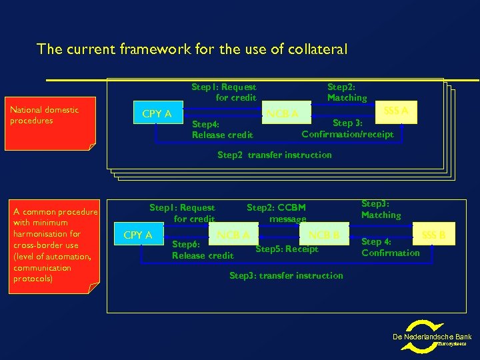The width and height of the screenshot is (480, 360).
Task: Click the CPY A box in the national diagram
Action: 157,114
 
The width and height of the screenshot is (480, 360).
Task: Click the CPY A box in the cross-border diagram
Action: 139,235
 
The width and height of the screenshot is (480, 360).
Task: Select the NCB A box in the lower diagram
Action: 234,235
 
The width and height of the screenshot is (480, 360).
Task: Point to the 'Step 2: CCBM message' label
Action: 276,213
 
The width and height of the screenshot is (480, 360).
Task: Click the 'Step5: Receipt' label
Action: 287,249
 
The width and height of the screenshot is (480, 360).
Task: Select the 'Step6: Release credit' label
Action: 203,250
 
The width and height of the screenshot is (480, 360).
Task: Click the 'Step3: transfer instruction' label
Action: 286,275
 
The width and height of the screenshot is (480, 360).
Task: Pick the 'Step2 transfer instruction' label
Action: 275,155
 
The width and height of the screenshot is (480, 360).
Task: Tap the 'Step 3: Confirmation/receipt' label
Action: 347,129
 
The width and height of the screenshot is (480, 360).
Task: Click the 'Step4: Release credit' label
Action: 222,129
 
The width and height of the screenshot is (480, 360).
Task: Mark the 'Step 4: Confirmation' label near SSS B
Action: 390,247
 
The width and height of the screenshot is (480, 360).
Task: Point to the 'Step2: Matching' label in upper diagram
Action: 347,93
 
